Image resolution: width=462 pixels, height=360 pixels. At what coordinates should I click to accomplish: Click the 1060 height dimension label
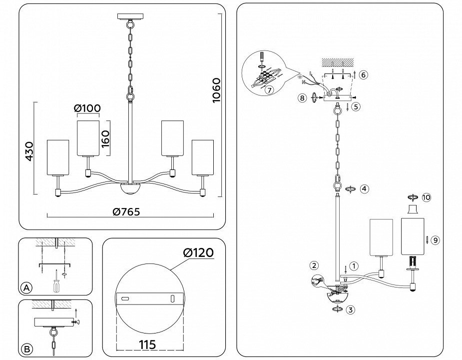(217, 90)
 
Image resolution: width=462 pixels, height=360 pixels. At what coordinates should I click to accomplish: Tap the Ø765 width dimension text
(126, 211)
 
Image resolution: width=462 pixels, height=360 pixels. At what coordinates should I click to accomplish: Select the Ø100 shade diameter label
(87, 108)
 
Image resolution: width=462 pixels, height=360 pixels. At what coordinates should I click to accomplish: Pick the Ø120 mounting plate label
(198, 253)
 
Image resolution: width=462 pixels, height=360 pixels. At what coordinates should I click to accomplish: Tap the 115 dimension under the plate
(148, 344)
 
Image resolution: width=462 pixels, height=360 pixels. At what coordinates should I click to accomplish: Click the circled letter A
(27, 287)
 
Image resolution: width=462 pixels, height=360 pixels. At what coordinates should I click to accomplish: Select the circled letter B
(27, 349)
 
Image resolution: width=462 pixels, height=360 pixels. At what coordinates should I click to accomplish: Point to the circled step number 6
(364, 75)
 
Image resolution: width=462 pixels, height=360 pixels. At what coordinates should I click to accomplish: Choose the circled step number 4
(365, 188)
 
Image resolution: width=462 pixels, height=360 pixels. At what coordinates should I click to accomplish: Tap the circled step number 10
(426, 197)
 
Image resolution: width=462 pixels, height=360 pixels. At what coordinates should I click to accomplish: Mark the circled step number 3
(350, 310)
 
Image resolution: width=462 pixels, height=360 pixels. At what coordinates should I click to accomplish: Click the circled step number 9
(435, 240)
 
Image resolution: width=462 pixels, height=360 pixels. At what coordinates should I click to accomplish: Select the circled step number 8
(302, 97)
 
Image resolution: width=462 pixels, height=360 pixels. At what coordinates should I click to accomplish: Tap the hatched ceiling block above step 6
(337, 62)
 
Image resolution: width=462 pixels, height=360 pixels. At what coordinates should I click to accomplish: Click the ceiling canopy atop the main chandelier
(130, 16)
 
